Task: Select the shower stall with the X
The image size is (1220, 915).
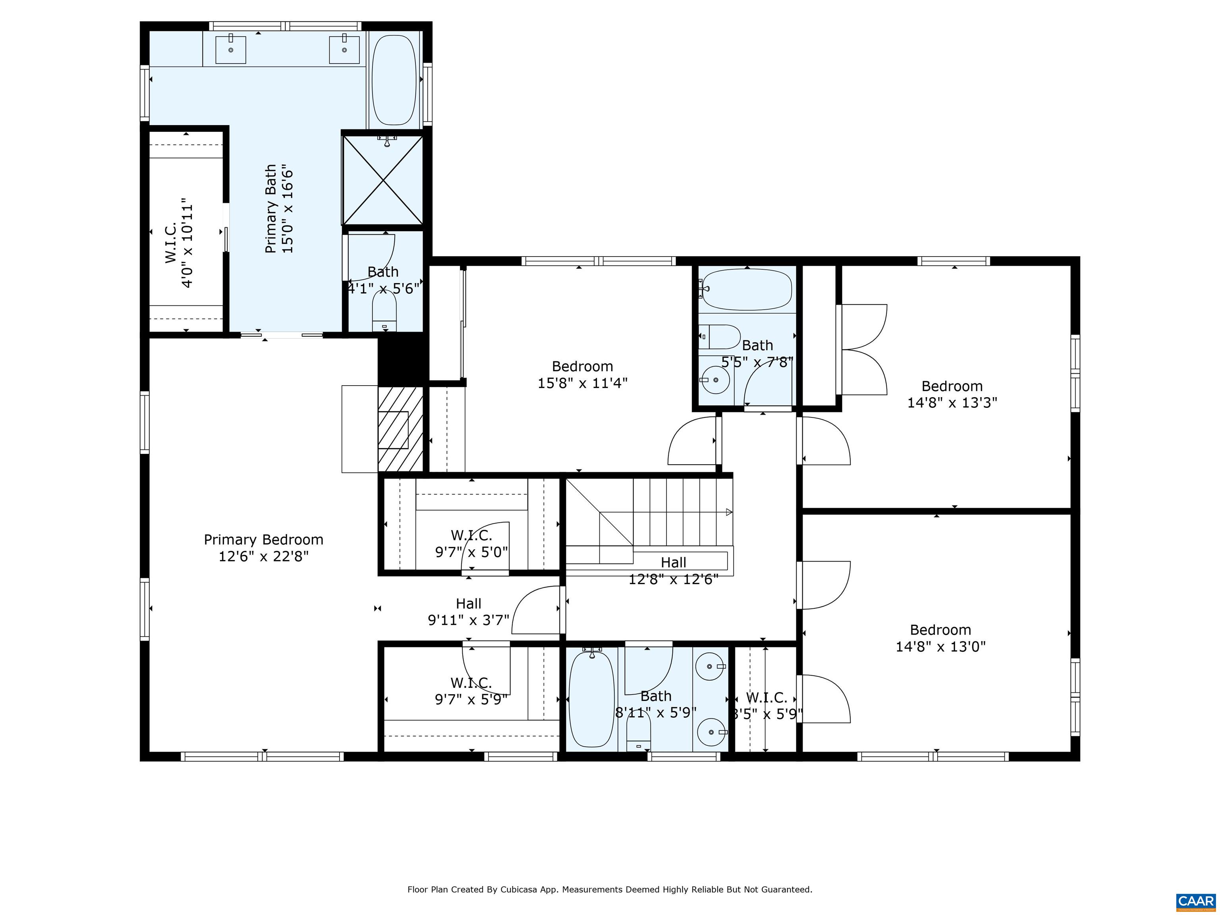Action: pyautogui.click(x=383, y=180)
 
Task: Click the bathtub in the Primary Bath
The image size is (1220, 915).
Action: pyautogui.click(x=394, y=80)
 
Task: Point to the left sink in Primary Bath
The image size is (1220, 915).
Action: pyautogui.click(x=231, y=49)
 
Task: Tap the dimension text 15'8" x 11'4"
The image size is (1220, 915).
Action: pyautogui.click(x=583, y=383)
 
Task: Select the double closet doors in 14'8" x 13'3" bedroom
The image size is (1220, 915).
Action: pyautogui.click(x=863, y=349)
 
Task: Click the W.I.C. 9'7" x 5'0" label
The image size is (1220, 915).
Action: pyautogui.click(x=471, y=543)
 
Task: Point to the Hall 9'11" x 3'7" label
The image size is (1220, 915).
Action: pyautogui.click(x=468, y=612)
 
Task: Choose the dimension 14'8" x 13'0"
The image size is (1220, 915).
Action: pyautogui.click(x=940, y=647)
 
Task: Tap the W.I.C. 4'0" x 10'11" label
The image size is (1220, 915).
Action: pyautogui.click(x=179, y=243)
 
